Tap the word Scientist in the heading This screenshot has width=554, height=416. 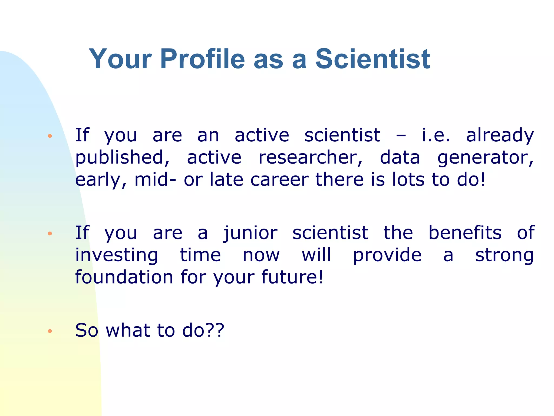click(372, 59)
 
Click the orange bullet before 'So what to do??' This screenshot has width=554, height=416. click(50, 331)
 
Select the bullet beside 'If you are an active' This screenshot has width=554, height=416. click(50, 136)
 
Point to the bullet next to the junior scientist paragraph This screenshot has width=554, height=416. click(50, 233)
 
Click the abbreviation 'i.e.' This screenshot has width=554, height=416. click(436, 135)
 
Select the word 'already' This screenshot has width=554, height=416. click(500, 136)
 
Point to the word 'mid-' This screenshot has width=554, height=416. click(155, 180)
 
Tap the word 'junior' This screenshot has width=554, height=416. click(250, 233)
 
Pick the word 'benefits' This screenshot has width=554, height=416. click(465, 233)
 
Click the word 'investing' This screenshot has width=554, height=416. click(117, 255)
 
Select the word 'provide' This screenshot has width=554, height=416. click(387, 255)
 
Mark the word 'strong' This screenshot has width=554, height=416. click(504, 255)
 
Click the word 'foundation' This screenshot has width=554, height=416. click(124, 277)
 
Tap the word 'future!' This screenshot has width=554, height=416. click(292, 277)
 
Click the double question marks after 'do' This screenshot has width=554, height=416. click(215, 330)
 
